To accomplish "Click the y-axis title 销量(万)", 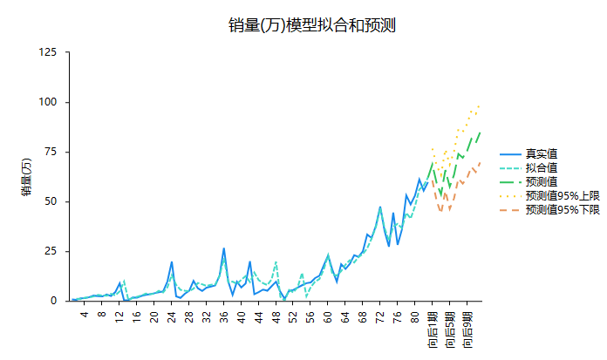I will [x=27, y=177].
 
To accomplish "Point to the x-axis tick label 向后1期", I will [x=433, y=329].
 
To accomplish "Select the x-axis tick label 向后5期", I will [x=450, y=329].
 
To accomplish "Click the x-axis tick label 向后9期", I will [x=467, y=329].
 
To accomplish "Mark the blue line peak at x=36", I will [x=224, y=248].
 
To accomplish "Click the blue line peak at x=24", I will [x=172, y=262].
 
